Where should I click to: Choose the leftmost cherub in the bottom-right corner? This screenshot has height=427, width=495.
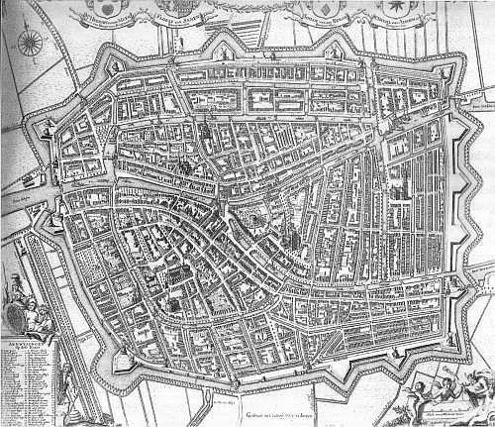[x=421, y=392]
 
